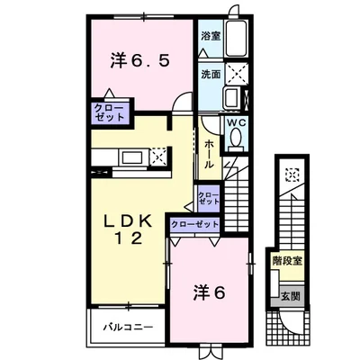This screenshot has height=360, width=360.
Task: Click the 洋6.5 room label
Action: (140, 60)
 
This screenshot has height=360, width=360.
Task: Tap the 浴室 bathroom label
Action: (211, 36)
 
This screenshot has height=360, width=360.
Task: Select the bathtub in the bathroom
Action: (237, 39)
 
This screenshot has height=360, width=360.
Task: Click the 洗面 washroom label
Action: (211, 74)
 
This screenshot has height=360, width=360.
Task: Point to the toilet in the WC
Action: (236, 138)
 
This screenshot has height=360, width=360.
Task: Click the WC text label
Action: (236, 122)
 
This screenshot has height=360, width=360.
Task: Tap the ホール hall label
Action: (209, 154)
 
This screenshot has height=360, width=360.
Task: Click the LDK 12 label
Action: (128, 230)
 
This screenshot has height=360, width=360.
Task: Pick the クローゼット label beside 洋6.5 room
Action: (109, 112)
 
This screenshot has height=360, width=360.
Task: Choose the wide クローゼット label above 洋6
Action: (194, 224)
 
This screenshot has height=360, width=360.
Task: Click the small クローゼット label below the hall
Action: (209, 198)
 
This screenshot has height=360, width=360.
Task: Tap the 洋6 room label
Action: (209, 292)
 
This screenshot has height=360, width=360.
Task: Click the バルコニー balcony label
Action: (129, 327)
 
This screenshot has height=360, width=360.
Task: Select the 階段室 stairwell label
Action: (287, 261)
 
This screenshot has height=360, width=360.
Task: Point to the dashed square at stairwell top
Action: (292, 175)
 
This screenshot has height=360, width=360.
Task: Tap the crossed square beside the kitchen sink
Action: (158, 156)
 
